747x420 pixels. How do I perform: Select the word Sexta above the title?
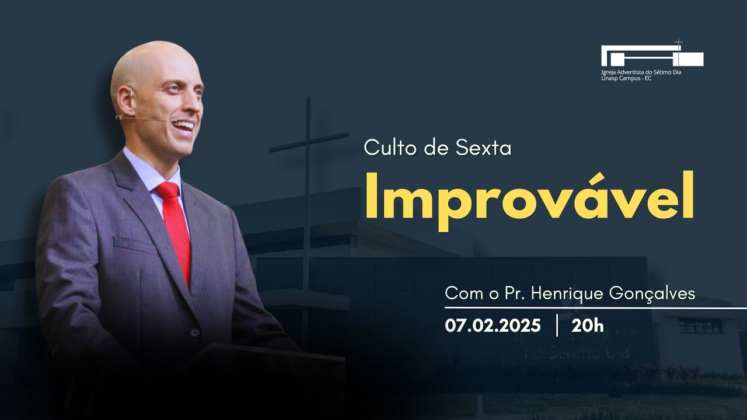click(x=483, y=148)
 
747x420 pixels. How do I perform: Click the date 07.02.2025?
click(x=493, y=325)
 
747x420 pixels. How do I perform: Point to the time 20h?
click(x=588, y=325)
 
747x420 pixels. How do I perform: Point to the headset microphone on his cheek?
click(x=146, y=118)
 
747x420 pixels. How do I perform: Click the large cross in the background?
click(x=307, y=175)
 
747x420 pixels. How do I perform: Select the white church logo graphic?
click(x=652, y=57)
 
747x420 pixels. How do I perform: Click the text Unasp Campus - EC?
click(x=626, y=78)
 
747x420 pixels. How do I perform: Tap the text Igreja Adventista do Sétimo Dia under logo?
click(x=641, y=72)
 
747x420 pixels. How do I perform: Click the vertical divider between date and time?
click(x=557, y=325)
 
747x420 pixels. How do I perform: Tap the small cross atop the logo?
click(x=678, y=43)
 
